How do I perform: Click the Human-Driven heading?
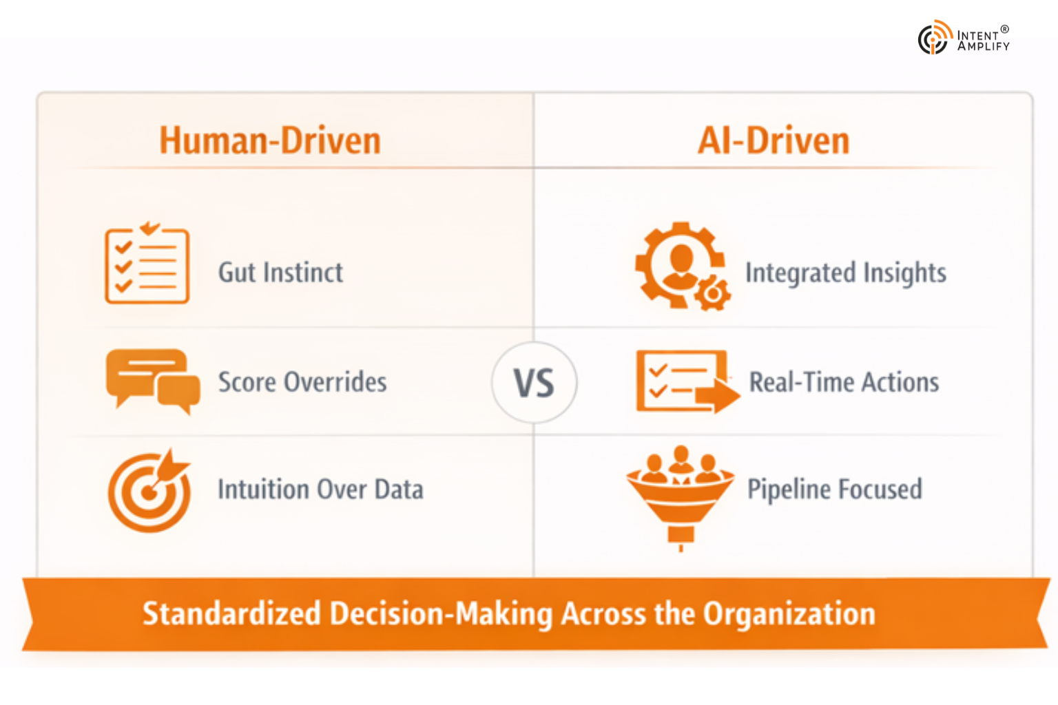270,140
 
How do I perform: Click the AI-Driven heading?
774,140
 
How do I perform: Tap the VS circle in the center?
535,382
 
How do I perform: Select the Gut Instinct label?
280,273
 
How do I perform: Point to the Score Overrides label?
302,382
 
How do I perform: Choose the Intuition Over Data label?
320,490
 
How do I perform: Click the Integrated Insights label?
846,273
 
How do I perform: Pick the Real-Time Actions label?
844,382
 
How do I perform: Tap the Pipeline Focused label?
835,490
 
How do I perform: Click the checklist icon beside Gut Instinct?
147,264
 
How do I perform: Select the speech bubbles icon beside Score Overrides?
152,381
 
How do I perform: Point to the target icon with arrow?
149,490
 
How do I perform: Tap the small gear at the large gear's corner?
713,294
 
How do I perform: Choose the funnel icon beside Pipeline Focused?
680,496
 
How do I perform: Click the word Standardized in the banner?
231,613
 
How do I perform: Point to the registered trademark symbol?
1005,30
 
